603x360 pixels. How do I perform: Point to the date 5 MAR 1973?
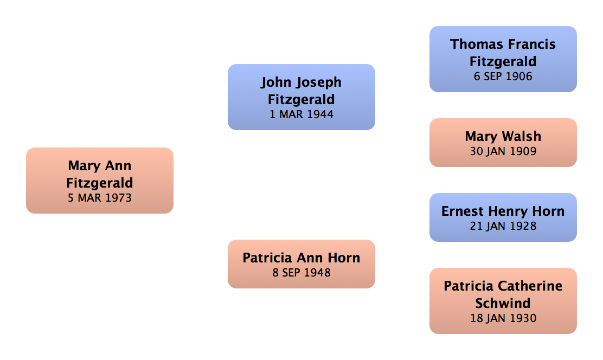pyautogui.click(x=100, y=198)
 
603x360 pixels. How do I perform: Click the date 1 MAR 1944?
pyautogui.click(x=301, y=114)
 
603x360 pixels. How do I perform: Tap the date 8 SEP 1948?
pyautogui.click(x=301, y=273)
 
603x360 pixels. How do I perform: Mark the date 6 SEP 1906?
pyautogui.click(x=503, y=76)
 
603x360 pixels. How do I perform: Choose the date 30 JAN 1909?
pyautogui.click(x=503, y=151)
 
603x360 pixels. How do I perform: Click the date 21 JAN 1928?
pyautogui.click(x=503, y=226)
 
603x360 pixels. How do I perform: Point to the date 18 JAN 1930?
pyautogui.click(x=503, y=318)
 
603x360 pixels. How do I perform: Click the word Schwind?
pyautogui.click(x=503, y=303)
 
